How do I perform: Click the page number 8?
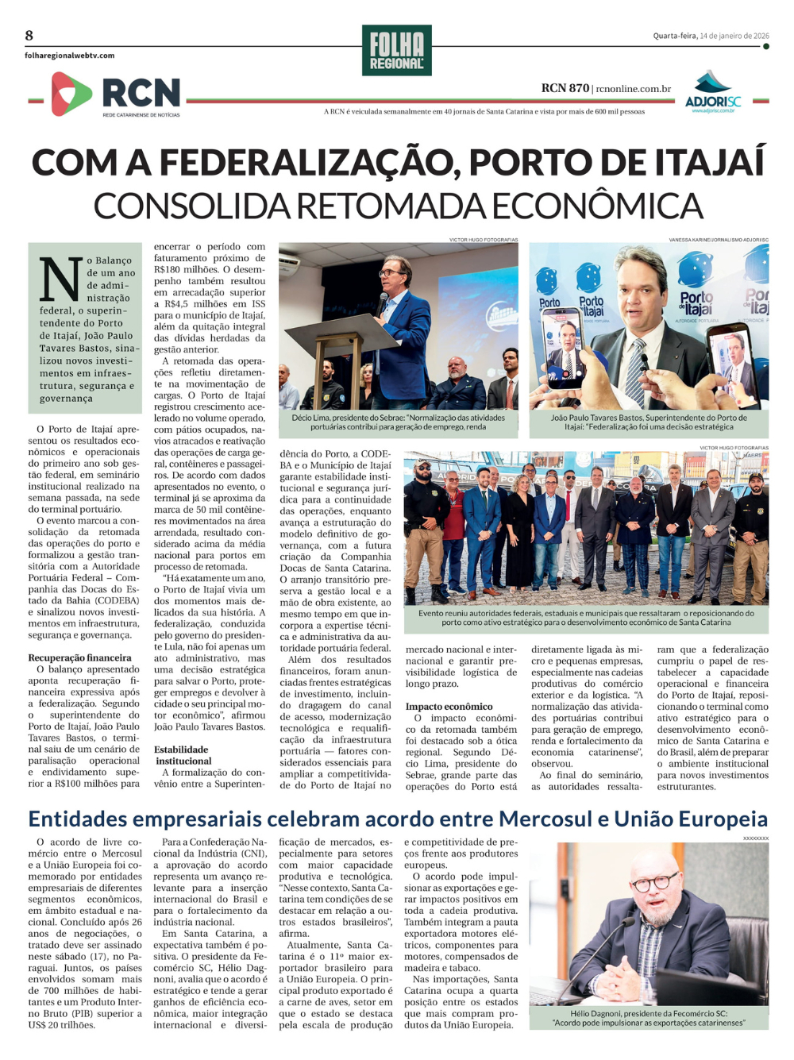[29, 35]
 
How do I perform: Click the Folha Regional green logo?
[396, 51]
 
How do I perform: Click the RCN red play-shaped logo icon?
[71, 94]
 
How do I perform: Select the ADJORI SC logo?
[712, 94]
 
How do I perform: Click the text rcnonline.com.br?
[633, 89]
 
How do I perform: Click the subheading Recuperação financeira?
[79, 657]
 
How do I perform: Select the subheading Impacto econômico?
[449, 706]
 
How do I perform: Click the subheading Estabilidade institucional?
[183, 755]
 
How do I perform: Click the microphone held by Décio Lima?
[382, 303]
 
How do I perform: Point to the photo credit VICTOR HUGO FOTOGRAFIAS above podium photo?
[483, 239]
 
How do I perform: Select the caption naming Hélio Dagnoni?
[649, 1018]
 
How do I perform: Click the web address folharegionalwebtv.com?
[69, 56]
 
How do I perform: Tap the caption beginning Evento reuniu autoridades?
[586, 618]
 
